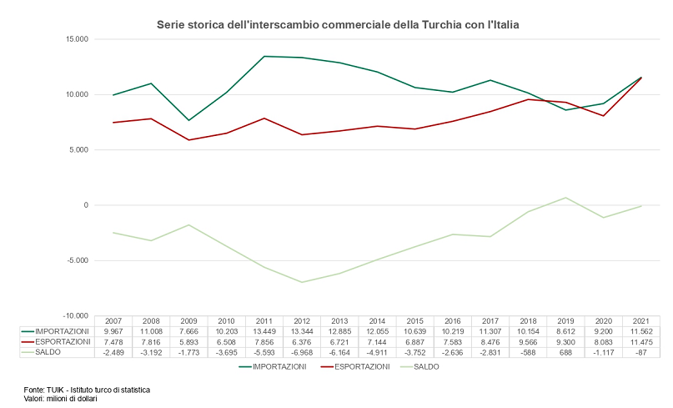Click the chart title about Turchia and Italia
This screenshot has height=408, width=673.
338,25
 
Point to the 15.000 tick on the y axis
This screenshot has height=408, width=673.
75,39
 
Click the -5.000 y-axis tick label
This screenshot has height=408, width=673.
75,261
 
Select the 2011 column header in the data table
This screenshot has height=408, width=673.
264,321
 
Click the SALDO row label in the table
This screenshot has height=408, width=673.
47,352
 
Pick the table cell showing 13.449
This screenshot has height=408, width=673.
264,331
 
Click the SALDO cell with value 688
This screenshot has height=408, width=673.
565,352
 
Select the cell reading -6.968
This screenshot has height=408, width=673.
302,352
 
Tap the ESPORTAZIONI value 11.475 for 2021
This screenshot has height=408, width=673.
640,342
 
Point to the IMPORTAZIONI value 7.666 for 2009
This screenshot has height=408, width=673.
188,331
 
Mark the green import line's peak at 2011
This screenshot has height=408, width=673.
264,57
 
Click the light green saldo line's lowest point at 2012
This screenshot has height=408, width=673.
302,282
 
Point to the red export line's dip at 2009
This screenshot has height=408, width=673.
188,140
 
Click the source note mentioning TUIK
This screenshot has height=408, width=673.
87,390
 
